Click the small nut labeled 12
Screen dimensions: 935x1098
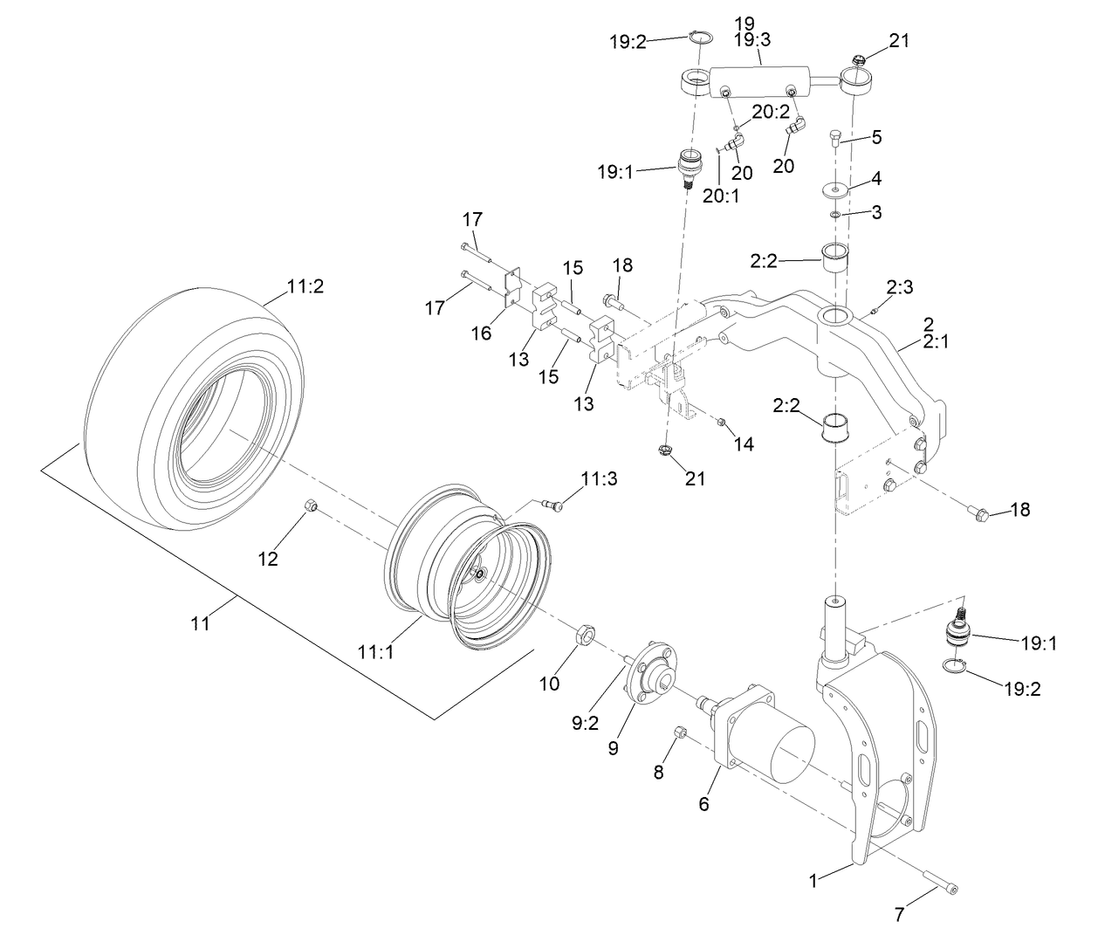310,506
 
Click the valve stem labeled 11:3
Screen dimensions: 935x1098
553,502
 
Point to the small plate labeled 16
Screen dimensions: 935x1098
513,288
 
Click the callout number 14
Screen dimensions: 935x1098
743,443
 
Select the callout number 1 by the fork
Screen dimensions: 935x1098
813,882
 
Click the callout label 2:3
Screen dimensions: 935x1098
899,286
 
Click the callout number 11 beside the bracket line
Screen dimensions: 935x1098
202,624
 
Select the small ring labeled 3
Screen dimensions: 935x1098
835,214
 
